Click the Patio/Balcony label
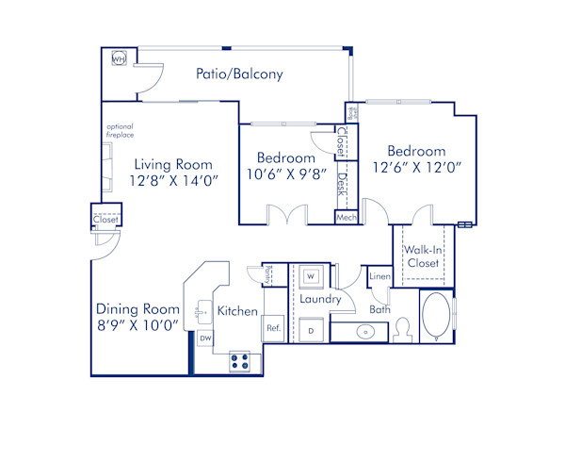tap(239, 74)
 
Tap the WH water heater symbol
tap(119, 59)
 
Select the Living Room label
tap(172, 163)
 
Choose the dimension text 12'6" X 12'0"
tap(415, 168)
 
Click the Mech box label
tap(346, 217)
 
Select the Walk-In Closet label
tap(423, 256)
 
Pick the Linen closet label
tap(379, 276)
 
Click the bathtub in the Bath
tap(436, 318)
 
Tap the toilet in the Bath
tap(403, 329)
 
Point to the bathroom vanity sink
tap(364, 332)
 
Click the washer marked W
tap(312, 277)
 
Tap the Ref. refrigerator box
tap(274, 328)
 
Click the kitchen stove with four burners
tap(239, 361)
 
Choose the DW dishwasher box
tap(205, 338)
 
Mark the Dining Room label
tap(137, 309)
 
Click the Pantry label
tap(268, 273)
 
